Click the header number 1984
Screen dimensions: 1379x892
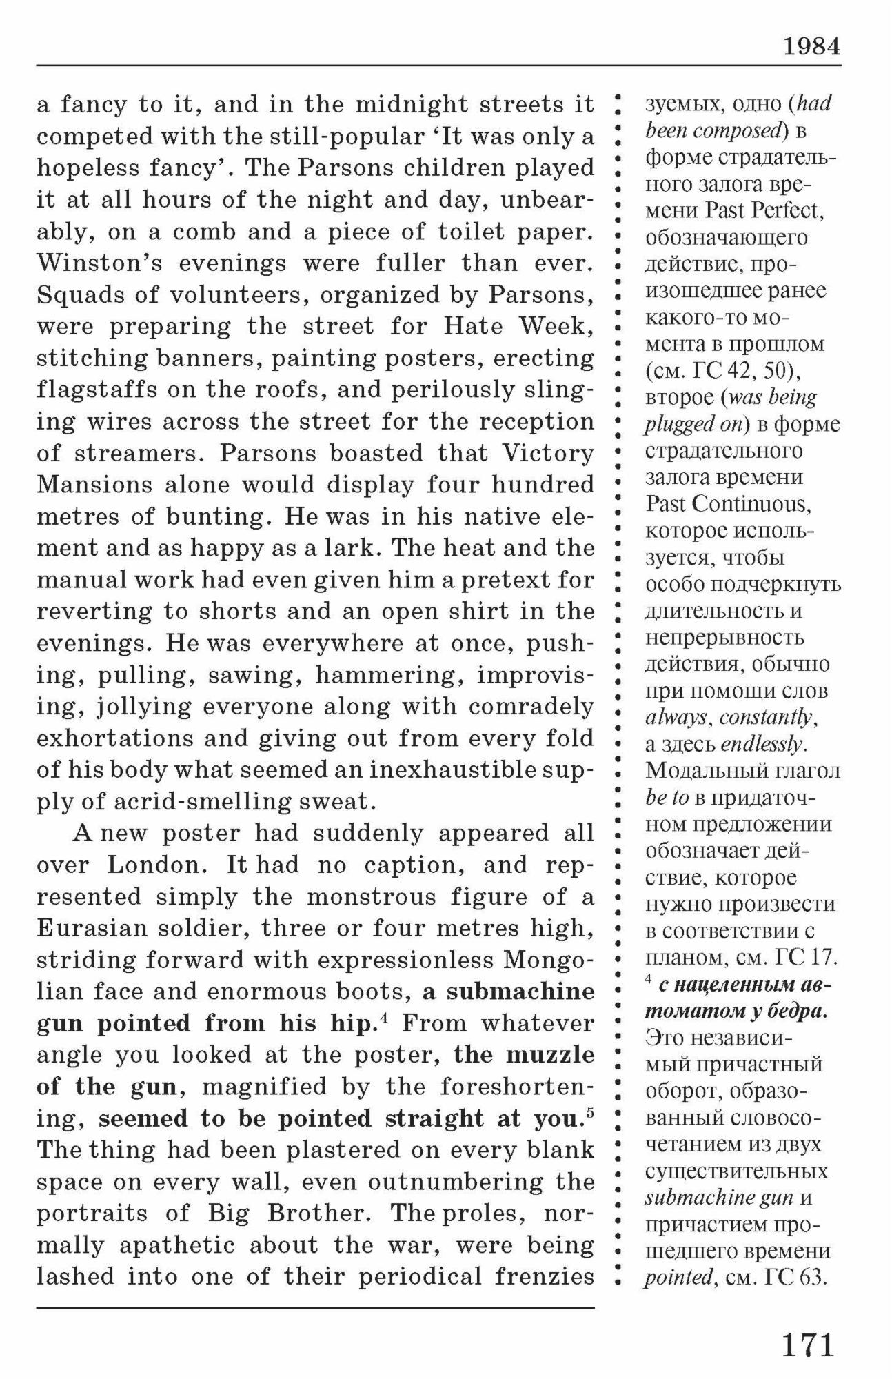tap(811, 46)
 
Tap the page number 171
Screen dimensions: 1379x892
tap(808, 1345)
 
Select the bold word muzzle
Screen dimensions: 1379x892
tap(550, 1055)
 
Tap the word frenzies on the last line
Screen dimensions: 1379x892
tap(545, 1277)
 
